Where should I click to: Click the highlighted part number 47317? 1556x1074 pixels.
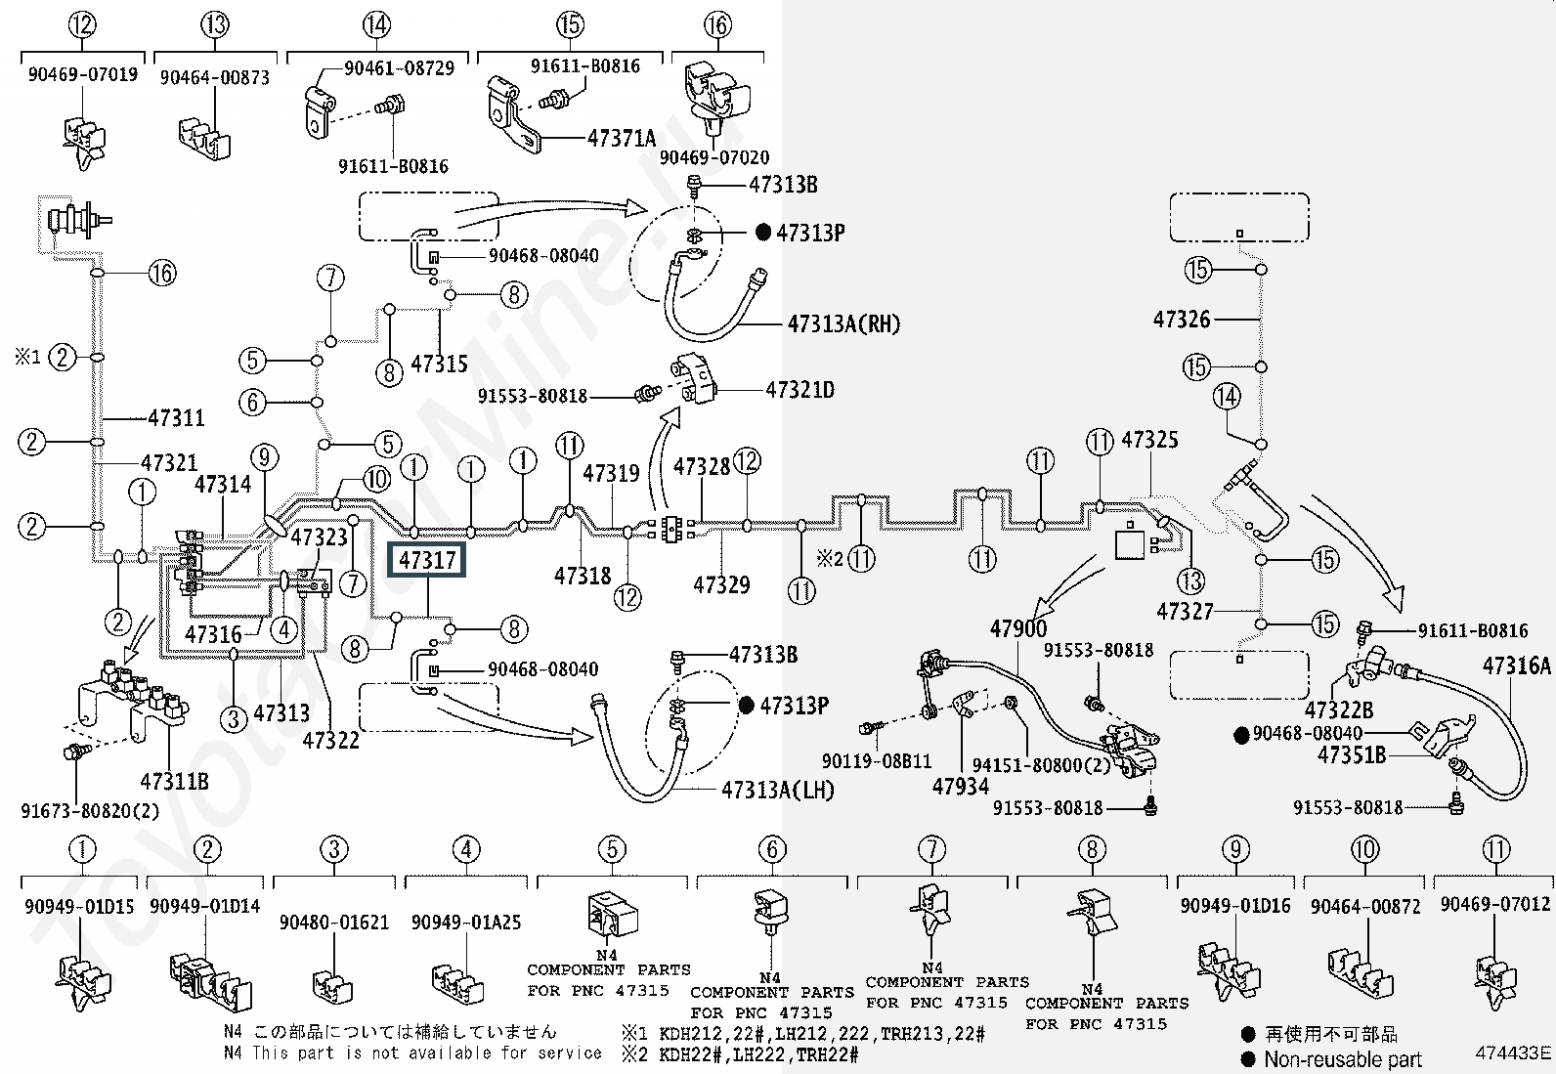pyautogui.click(x=426, y=560)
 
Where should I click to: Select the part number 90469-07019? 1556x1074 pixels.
pyautogui.click(x=83, y=74)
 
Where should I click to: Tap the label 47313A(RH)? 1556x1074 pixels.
pyautogui.click(x=843, y=323)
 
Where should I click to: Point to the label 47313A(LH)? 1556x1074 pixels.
pyautogui.click(x=777, y=790)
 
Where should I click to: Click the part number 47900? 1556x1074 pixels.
pyautogui.click(x=1017, y=628)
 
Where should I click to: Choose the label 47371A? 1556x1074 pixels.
pyautogui.click(x=621, y=138)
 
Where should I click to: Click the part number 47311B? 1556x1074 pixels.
pyautogui.click(x=174, y=782)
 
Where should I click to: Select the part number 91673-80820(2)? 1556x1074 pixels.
pyautogui.click(x=90, y=811)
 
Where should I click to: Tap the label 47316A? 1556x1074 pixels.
pyautogui.click(x=1516, y=666)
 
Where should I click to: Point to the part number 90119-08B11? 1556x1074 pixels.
pyautogui.click(x=876, y=760)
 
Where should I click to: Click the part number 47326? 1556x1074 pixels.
pyautogui.click(x=1182, y=320)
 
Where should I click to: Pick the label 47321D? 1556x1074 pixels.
pyautogui.click(x=800, y=390)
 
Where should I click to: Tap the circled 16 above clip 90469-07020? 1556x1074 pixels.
pyautogui.click(x=717, y=25)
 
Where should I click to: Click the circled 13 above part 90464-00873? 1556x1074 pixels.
pyautogui.click(x=215, y=25)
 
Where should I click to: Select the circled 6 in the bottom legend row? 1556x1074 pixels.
pyautogui.click(x=772, y=849)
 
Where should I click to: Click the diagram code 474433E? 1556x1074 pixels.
pyautogui.click(x=1513, y=1053)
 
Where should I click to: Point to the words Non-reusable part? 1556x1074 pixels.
pyautogui.click(x=1343, y=1059)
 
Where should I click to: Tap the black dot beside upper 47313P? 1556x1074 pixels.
pyautogui.click(x=762, y=232)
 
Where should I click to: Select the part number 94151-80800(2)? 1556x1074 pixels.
pyautogui.click(x=1041, y=765)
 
